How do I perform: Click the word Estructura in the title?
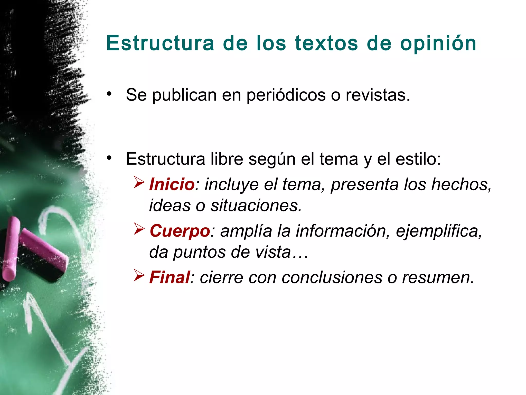pyautogui.click(x=160, y=43)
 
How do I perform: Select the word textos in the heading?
pyautogui.click(x=326, y=43)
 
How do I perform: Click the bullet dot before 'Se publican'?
pyautogui.click(x=110, y=94)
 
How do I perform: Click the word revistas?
pyautogui.click(x=378, y=95)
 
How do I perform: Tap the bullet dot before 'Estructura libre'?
pyautogui.click(x=110, y=158)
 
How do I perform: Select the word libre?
pyautogui.click(x=227, y=159)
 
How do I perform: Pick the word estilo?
pyautogui.click(x=418, y=159)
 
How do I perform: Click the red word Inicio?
pyautogui.click(x=172, y=184)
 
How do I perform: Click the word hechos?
pyautogui.click(x=461, y=184)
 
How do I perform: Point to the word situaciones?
pyautogui.click(x=256, y=205)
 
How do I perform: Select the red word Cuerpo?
pyautogui.click(x=180, y=231)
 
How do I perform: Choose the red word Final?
pyautogui.click(x=170, y=277)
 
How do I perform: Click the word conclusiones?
pyautogui.click(x=332, y=278)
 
